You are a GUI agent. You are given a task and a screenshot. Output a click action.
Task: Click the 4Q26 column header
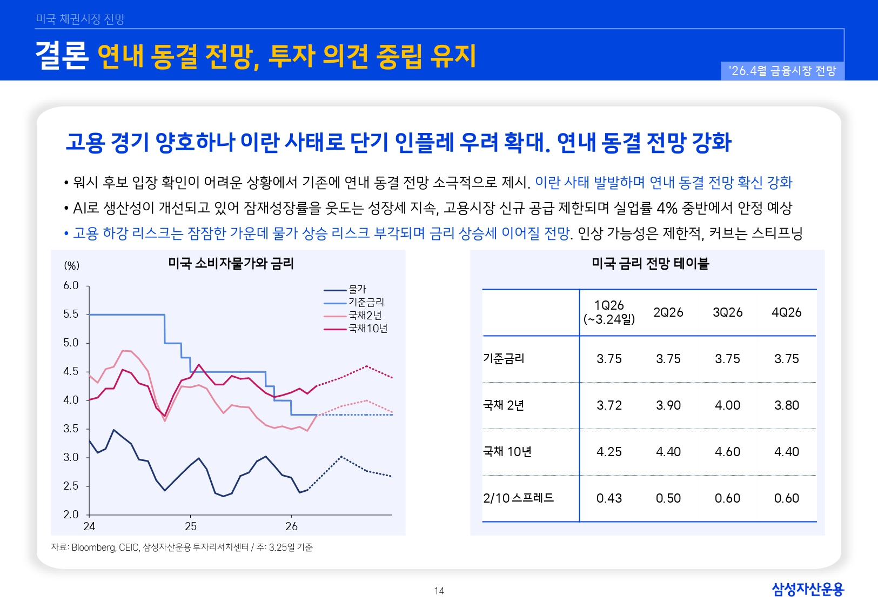786,312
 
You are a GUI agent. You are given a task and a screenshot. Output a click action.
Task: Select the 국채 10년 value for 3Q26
727,452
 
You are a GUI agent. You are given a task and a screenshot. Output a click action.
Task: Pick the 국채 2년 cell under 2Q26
668,405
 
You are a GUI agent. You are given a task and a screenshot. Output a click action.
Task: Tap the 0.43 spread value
609,498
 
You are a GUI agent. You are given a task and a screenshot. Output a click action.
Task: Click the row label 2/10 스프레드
518,498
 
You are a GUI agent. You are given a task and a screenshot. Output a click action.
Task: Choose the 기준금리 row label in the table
504,359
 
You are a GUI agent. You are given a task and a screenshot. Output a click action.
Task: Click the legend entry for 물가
357,290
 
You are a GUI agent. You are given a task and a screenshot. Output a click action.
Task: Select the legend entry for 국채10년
367,329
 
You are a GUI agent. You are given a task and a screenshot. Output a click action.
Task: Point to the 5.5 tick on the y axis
71,315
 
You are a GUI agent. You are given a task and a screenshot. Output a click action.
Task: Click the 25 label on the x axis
191,526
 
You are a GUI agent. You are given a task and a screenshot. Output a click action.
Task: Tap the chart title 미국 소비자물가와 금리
231,264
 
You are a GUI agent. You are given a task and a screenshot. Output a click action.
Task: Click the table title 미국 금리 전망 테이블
650,264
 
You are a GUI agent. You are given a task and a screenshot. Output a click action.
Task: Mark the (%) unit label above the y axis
72,265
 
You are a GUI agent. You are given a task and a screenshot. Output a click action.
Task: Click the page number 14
439,591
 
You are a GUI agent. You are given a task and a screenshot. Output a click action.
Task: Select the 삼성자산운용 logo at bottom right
807,589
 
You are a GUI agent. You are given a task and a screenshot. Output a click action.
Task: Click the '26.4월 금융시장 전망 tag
782,71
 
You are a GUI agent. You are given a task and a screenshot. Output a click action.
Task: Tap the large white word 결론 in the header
62,55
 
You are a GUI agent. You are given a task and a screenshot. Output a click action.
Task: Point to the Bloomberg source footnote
182,547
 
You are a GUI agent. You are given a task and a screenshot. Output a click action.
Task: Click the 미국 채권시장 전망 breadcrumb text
80,19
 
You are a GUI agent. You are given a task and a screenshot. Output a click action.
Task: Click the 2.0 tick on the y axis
71,515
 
